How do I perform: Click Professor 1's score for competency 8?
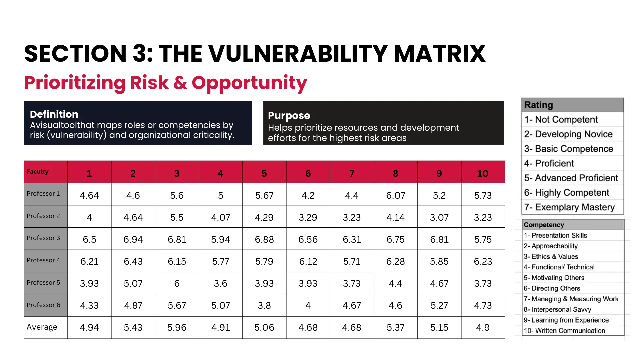[x=395, y=195]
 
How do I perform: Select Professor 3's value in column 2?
[x=133, y=239]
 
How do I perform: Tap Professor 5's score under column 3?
[x=177, y=283]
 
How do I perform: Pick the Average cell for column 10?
[x=483, y=327]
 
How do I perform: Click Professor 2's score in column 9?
[x=439, y=217]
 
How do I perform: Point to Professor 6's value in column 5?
[x=264, y=305]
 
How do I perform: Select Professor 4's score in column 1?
[x=89, y=261]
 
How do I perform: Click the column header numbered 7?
[x=352, y=173]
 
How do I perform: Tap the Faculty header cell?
[x=38, y=172]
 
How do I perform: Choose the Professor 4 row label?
[x=43, y=260]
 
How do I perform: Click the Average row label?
[x=42, y=327]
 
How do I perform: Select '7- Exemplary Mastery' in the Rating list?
[x=569, y=207]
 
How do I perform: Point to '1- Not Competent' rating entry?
[x=561, y=119]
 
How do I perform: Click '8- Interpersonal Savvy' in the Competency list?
[x=557, y=309]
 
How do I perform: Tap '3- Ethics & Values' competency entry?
[x=551, y=256]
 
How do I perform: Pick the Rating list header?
[x=539, y=105]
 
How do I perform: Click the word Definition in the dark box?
[x=54, y=114]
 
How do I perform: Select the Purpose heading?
[x=289, y=116]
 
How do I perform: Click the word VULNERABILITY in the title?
[x=298, y=54]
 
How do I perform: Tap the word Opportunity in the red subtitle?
[x=249, y=83]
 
